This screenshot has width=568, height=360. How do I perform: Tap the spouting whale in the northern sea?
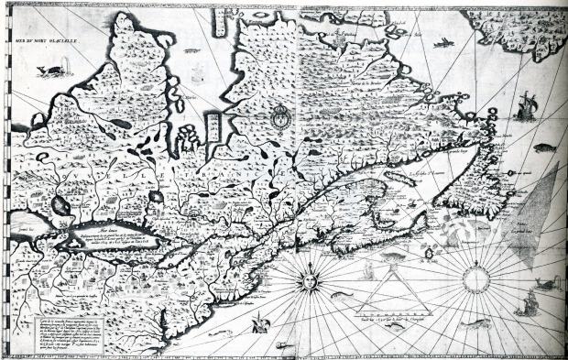click(55, 67)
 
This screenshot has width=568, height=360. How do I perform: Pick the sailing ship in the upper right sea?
click(525, 109)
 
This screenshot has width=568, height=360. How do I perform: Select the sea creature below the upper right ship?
click(544, 147)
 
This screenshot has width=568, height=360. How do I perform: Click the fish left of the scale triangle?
click(340, 295)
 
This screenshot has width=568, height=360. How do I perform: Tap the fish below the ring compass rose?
click(475, 322)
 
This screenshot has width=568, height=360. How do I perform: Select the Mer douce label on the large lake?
click(110, 222)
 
